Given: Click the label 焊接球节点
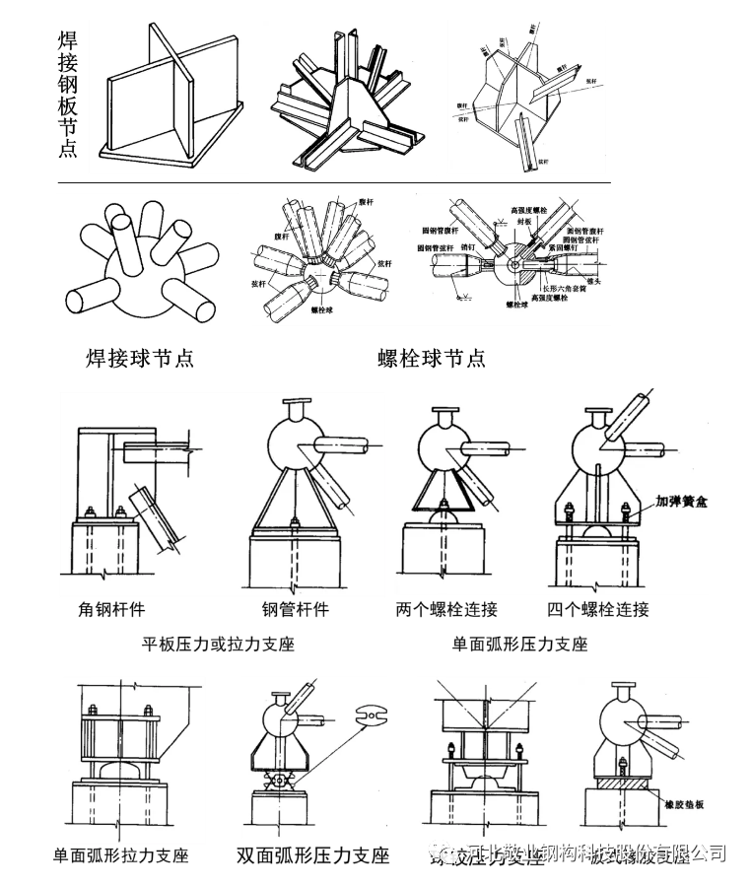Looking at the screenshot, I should pyautogui.click(x=140, y=358).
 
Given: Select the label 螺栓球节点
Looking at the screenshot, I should pyautogui.click(x=432, y=358).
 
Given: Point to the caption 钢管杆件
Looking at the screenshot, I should pyautogui.click(x=295, y=609).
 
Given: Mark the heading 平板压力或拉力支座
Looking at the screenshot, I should pyautogui.click(x=219, y=645).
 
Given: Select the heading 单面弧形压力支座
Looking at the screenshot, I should pyautogui.click(x=519, y=645).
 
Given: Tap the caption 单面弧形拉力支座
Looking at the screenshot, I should pyautogui.click(x=122, y=854).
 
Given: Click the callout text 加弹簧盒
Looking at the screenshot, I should pyautogui.click(x=684, y=501).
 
